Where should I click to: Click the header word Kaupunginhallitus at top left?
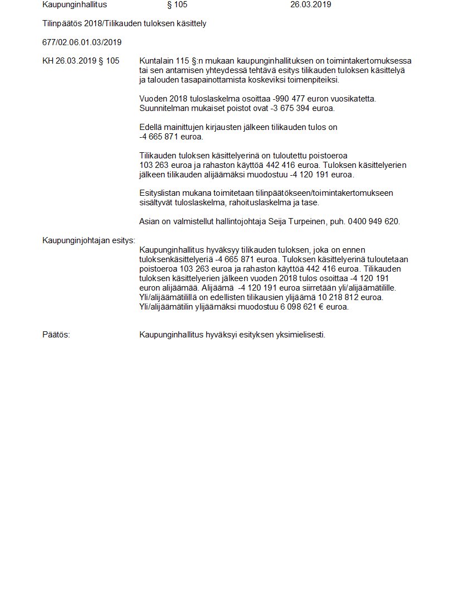pos(74,4)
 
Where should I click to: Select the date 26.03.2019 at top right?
pos(311,4)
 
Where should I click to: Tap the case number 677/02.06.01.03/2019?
pos(82,42)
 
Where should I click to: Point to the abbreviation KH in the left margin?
pos(48,61)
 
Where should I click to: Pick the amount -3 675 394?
pos(272,108)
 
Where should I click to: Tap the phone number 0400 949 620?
pos(374,221)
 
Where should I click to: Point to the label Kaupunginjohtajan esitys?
pos(89,240)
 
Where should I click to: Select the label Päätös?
pos(56,335)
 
